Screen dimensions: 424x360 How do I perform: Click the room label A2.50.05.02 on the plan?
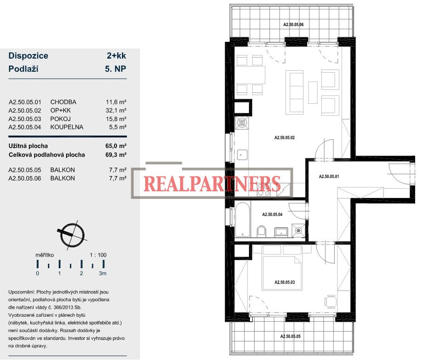coord(284,137)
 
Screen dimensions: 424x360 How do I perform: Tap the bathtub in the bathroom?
coord(242,219)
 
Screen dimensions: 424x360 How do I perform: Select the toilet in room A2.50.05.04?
coord(262,231)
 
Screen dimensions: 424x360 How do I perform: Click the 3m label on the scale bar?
coord(102,273)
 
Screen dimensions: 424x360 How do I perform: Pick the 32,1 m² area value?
coord(116,110)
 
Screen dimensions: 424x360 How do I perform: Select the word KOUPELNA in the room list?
coord(67,127)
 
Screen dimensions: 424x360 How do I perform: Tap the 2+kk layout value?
coord(116,55)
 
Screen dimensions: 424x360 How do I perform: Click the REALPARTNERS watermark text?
coord(212,183)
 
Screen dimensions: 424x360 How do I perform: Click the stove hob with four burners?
coord(263,190)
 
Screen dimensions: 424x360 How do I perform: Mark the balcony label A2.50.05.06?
coord(293,24)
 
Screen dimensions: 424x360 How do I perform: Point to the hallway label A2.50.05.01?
coord(329,177)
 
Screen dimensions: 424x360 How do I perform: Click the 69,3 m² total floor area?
coord(116,155)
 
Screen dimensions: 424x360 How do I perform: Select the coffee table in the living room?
coord(313,92)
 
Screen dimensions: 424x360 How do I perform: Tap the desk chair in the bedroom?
coord(330,301)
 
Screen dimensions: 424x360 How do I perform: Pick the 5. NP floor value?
coord(115,69)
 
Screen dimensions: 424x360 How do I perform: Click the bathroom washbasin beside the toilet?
coord(281,232)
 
